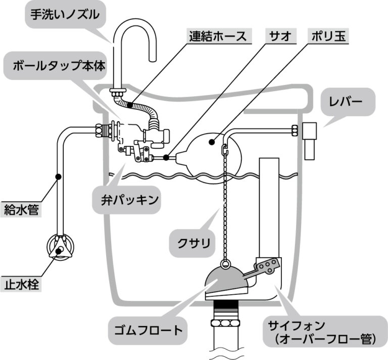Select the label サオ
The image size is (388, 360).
click(279, 36)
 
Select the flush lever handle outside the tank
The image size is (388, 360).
click(310, 139)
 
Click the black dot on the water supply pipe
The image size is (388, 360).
click(59, 177)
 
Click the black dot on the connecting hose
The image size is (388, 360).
click(130, 105)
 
